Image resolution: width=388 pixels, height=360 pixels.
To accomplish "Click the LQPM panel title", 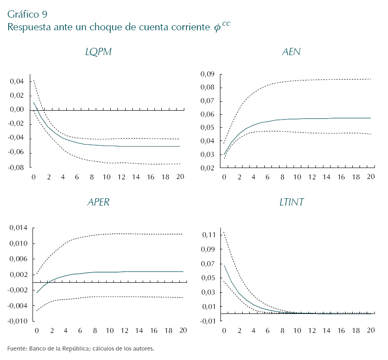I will click(x=98, y=52).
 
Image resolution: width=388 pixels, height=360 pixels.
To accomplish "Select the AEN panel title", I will click(x=291, y=52).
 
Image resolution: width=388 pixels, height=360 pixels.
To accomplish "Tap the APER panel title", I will click(x=98, y=202).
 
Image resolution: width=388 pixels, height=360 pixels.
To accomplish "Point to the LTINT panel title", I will click(x=291, y=202).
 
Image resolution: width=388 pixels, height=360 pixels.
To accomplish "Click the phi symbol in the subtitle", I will click(x=217, y=28).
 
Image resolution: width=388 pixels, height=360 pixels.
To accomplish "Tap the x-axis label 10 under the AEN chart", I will click(x=297, y=177).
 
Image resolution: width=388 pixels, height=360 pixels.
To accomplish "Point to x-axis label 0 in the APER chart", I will click(x=37, y=331).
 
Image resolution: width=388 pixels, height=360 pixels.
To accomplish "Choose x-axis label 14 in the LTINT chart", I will click(x=327, y=331).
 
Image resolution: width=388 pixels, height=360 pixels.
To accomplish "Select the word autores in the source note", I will click(x=143, y=349).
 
